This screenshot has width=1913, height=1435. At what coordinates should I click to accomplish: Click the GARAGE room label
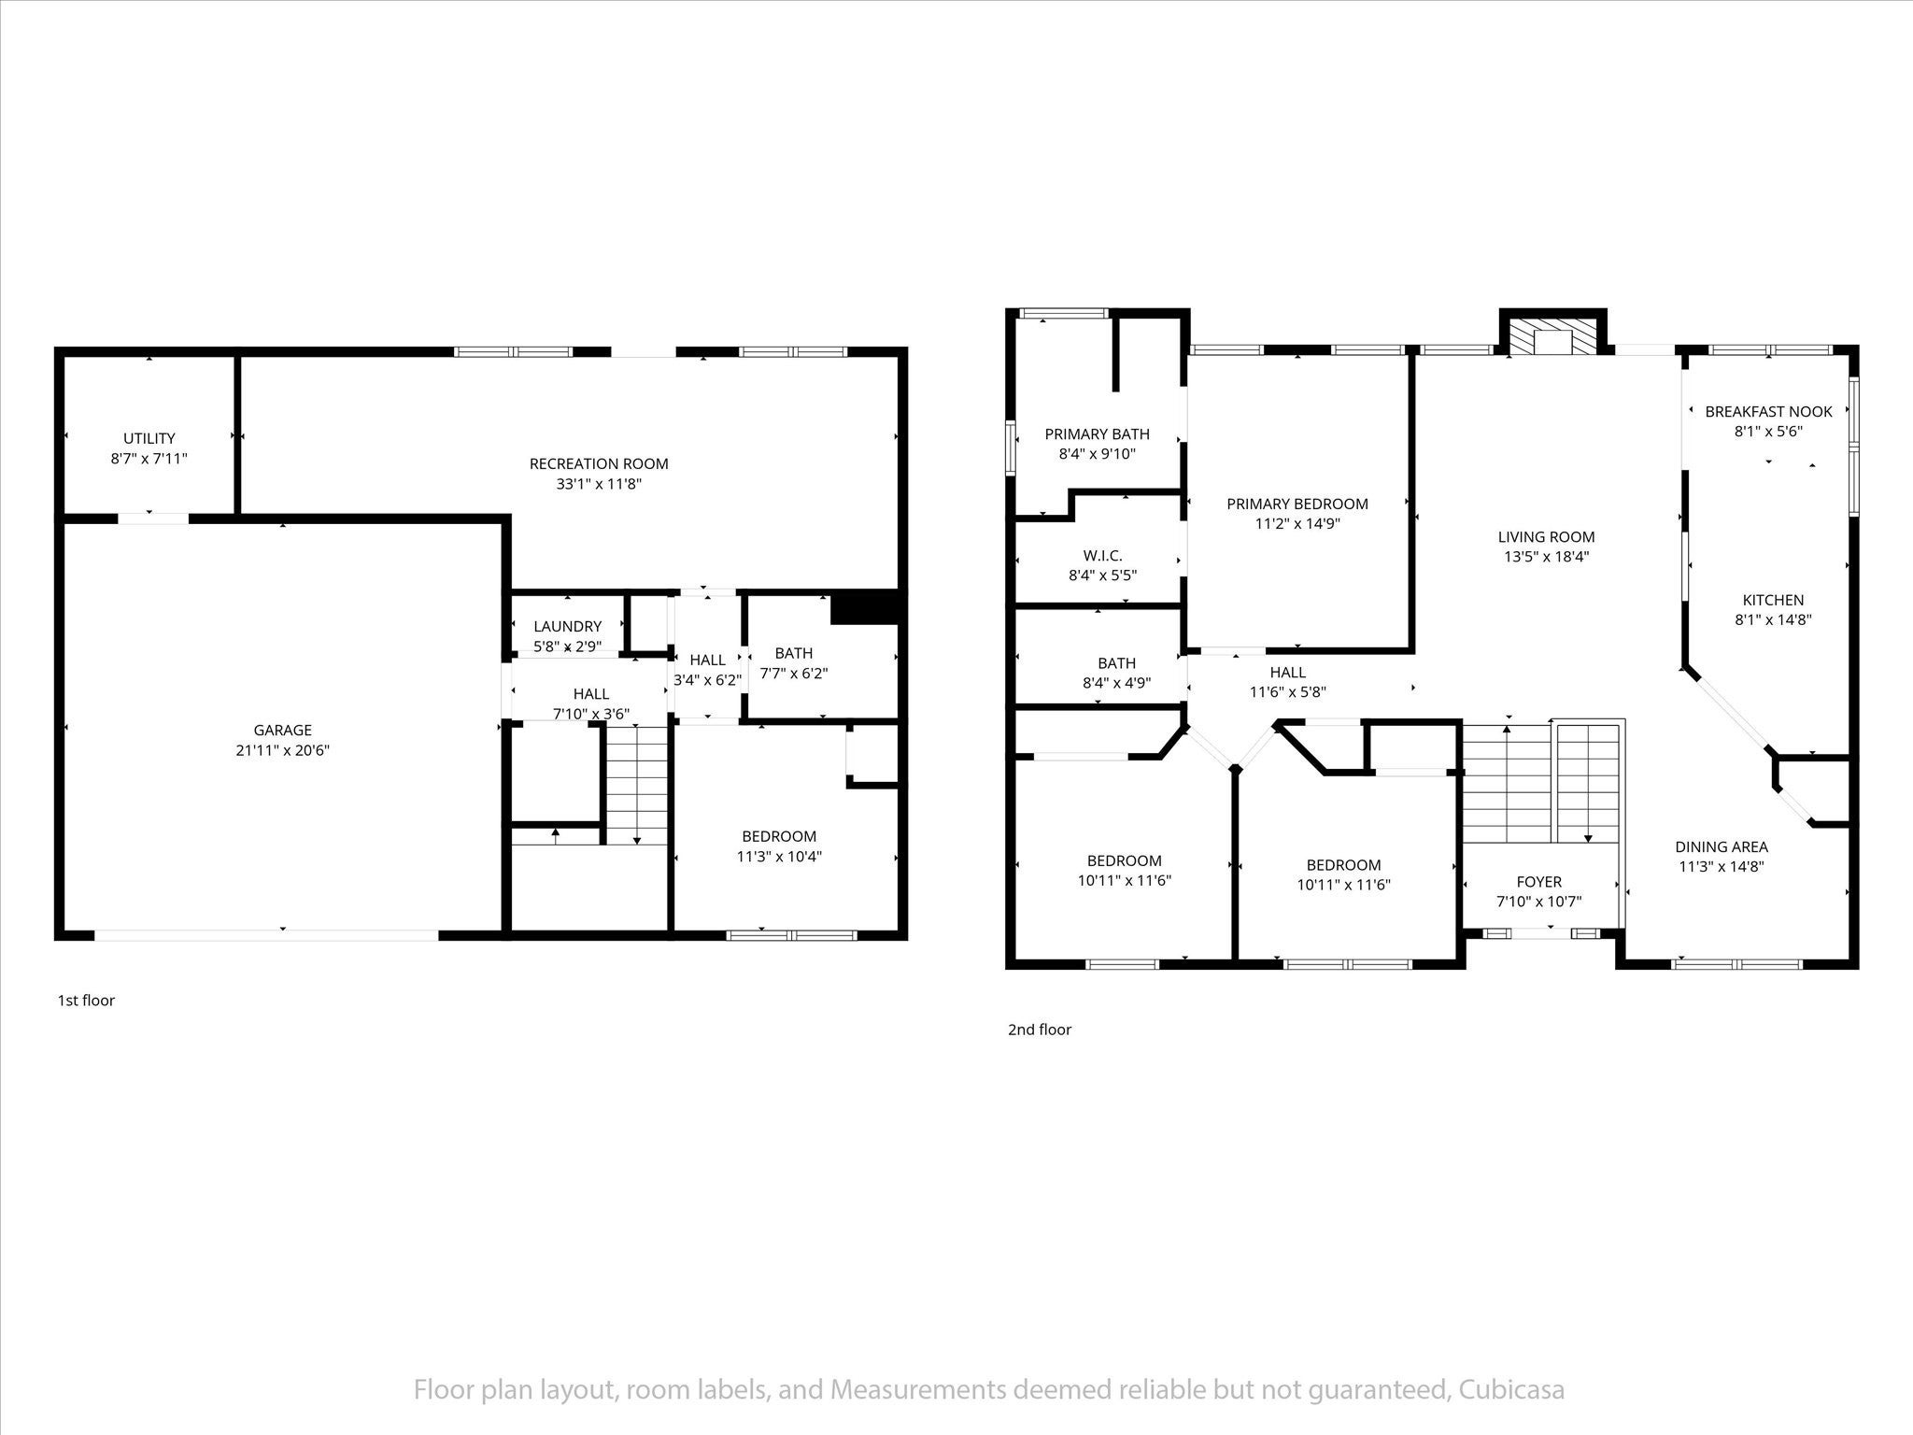282,730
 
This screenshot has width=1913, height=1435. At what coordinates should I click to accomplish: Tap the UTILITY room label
149,438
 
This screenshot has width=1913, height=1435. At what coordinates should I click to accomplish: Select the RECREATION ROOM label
599,463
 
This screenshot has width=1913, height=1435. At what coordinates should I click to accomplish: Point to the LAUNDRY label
568,626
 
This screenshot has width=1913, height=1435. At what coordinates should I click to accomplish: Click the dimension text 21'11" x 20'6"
282,750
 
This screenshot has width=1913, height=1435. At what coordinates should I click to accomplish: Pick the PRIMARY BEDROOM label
1297,504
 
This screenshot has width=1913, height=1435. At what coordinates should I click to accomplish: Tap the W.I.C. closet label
1103,556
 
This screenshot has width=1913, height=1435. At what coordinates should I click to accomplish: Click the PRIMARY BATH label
1097,433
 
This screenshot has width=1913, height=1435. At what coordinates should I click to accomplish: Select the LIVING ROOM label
1546,536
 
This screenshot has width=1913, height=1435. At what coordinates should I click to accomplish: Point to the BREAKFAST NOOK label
1768,411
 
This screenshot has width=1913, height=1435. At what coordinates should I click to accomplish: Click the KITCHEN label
1773,600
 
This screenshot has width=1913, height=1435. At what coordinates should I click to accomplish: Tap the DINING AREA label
1721,846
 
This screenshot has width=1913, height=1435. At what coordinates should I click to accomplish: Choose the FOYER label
1538,881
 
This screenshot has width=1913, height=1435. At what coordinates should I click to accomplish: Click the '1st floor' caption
86,1001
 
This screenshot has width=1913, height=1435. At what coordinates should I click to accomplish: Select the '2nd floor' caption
1040,1030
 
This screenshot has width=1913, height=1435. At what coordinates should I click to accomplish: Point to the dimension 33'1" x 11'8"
599,484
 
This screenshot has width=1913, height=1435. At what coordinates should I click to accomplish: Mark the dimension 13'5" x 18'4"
1546,557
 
